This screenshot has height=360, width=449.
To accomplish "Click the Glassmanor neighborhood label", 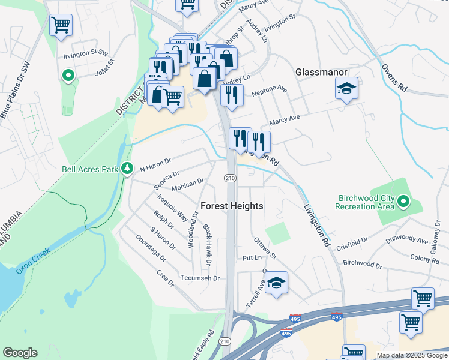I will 321,72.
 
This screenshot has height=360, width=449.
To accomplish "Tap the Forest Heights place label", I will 232,206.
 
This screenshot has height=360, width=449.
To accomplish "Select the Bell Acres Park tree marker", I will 127,169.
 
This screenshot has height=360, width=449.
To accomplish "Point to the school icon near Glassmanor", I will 346,89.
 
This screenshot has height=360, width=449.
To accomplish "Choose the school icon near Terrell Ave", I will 276,283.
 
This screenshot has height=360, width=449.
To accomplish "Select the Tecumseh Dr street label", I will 200,278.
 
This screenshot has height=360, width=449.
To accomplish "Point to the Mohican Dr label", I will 188,184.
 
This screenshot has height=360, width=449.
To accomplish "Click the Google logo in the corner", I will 20,353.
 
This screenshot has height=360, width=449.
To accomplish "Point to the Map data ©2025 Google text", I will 412,355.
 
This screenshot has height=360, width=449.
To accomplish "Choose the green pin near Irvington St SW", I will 68,76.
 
